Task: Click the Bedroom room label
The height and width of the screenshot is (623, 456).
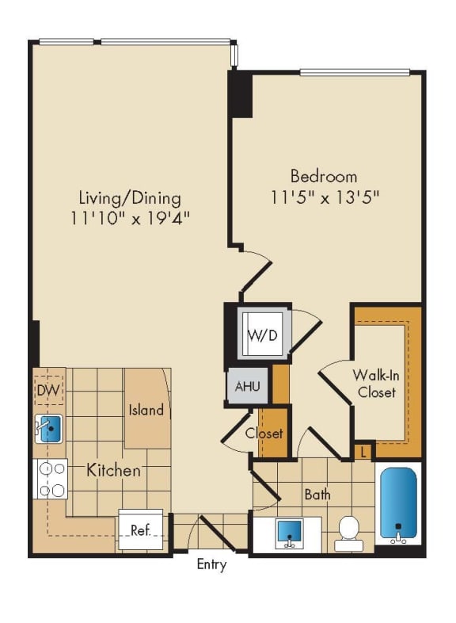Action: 323,176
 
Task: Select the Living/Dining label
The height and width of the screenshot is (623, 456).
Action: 129,197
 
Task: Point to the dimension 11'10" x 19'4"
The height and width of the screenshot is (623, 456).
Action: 129,218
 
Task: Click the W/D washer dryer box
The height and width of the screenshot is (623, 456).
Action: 262,334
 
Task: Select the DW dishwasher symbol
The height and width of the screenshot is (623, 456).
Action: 48,391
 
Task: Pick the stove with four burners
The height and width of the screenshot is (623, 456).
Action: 51,479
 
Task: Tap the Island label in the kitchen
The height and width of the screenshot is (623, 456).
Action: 146,410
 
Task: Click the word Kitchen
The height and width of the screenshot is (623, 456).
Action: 113,470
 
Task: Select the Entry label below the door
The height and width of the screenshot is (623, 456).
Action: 211,565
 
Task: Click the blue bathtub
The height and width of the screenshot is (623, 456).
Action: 397,504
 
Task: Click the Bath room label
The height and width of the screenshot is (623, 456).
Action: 317,494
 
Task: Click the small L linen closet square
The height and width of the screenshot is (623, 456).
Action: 363,451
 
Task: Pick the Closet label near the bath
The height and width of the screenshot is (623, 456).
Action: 264,434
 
